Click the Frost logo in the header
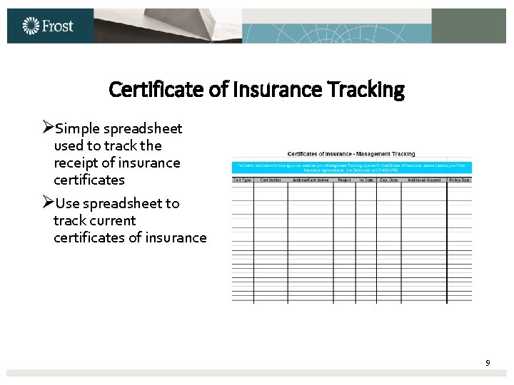(48, 26)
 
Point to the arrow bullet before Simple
(48, 128)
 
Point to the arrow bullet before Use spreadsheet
(48, 203)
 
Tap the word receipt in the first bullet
(77, 163)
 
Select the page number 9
(488, 363)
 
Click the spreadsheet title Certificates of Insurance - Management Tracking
(351, 154)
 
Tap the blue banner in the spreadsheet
(351, 168)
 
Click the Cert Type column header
(243, 180)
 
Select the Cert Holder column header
(271, 180)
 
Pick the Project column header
(344, 180)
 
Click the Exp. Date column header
(389, 180)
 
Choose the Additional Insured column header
(424, 180)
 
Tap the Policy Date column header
(460, 180)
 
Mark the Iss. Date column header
(366, 180)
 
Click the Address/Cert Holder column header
(310, 180)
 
